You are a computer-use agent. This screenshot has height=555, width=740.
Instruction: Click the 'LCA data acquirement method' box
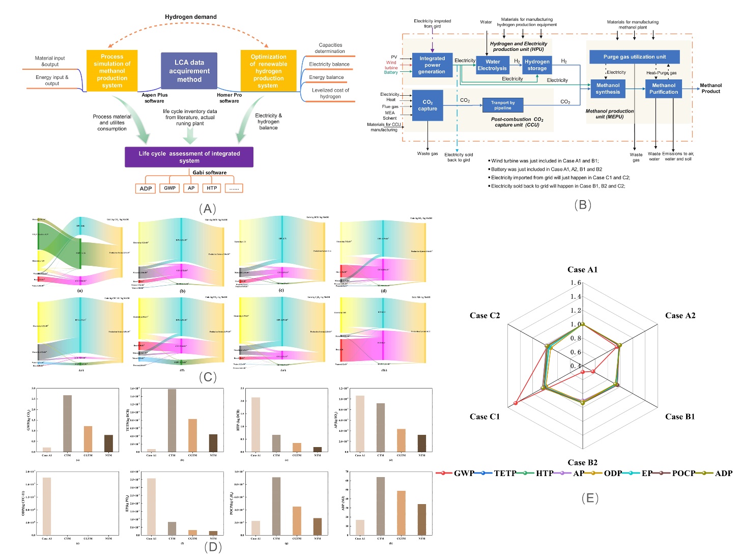tap(189, 71)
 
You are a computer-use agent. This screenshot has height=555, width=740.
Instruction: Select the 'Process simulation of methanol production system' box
tap(112, 71)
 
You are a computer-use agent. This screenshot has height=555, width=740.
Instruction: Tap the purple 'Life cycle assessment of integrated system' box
tap(189, 157)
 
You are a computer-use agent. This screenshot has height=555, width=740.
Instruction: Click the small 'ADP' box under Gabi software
tap(146, 188)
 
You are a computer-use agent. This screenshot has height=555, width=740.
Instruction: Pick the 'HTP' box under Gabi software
tap(212, 188)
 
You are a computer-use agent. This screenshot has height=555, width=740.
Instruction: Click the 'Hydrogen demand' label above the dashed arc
tap(191, 17)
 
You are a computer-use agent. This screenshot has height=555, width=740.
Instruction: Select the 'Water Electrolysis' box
tap(492, 65)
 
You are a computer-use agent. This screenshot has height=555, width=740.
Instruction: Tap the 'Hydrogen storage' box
tap(537, 65)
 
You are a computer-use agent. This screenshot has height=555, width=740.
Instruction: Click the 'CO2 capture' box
tap(428, 105)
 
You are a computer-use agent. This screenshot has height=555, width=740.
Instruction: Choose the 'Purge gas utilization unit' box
tap(634, 57)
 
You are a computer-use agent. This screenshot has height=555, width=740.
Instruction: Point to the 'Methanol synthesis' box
tap(608, 89)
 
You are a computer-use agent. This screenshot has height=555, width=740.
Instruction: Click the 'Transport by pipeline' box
tap(503, 105)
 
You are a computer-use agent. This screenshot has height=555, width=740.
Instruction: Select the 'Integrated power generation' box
tap(432, 65)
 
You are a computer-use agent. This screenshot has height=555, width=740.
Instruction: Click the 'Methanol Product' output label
tap(710, 89)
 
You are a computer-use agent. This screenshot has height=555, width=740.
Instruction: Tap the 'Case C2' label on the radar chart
tap(485, 316)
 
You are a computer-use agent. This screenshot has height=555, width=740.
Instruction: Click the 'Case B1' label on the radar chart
tap(680, 417)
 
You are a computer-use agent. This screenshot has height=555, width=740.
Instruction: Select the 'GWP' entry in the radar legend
tap(464, 474)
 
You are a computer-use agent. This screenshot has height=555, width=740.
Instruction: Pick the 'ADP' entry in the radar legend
tap(723, 474)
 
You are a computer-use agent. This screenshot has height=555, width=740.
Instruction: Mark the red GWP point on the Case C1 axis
tap(516, 403)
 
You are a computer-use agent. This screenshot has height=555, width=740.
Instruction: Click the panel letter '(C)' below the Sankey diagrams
tap(208, 377)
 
